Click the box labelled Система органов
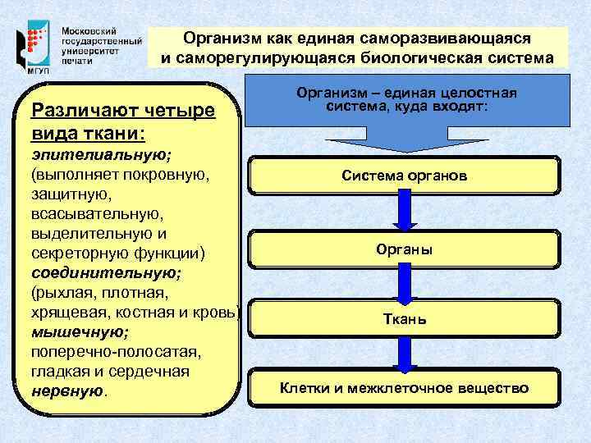click(x=405, y=176)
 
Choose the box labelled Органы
click(x=405, y=249)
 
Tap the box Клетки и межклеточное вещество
click(x=405, y=388)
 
